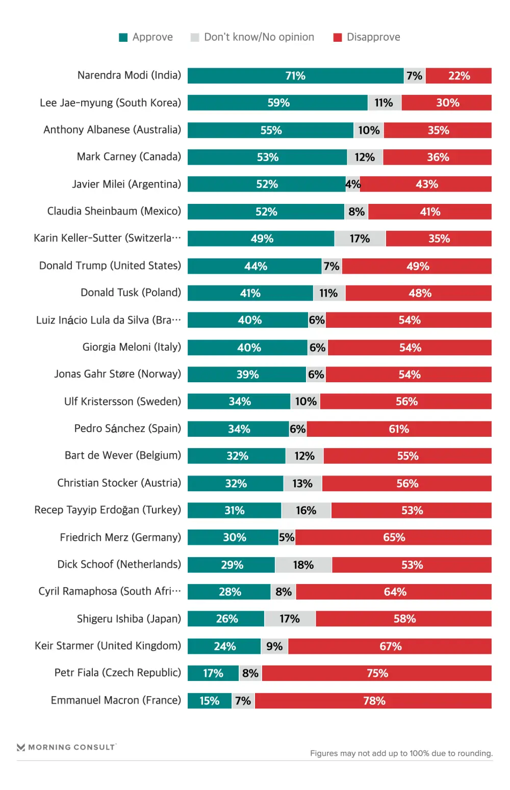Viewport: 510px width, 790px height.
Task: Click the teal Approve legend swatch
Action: [123, 38]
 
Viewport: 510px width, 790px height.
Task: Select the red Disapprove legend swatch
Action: [337, 38]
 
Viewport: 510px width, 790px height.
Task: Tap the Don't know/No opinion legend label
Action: [259, 37]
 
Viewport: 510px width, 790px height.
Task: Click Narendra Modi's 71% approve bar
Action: [295, 76]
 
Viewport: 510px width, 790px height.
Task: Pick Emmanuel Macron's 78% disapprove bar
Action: [373, 701]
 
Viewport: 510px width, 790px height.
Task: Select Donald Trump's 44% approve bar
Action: [254, 266]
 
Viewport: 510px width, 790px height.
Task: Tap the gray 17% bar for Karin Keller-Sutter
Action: [360, 239]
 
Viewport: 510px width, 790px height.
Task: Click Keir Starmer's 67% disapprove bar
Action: [390, 646]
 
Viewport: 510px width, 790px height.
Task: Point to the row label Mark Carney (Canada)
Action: [129, 157]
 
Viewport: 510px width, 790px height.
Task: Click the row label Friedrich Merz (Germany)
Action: [120, 537]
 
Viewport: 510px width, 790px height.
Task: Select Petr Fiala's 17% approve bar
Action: [213, 673]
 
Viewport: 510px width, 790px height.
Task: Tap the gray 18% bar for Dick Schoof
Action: [303, 565]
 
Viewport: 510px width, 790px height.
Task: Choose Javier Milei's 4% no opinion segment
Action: [353, 184]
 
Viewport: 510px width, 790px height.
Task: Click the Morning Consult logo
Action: [66, 747]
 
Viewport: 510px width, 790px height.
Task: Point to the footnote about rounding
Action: [401, 753]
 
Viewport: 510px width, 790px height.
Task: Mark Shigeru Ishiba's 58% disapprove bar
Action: [404, 619]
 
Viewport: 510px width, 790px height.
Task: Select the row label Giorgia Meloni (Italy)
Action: [132, 347]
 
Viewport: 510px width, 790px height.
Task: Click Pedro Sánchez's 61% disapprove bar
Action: [399, 429]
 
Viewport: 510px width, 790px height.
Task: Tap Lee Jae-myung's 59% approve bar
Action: [278, 103]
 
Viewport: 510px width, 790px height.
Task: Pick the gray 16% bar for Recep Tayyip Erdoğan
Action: [306, 510]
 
